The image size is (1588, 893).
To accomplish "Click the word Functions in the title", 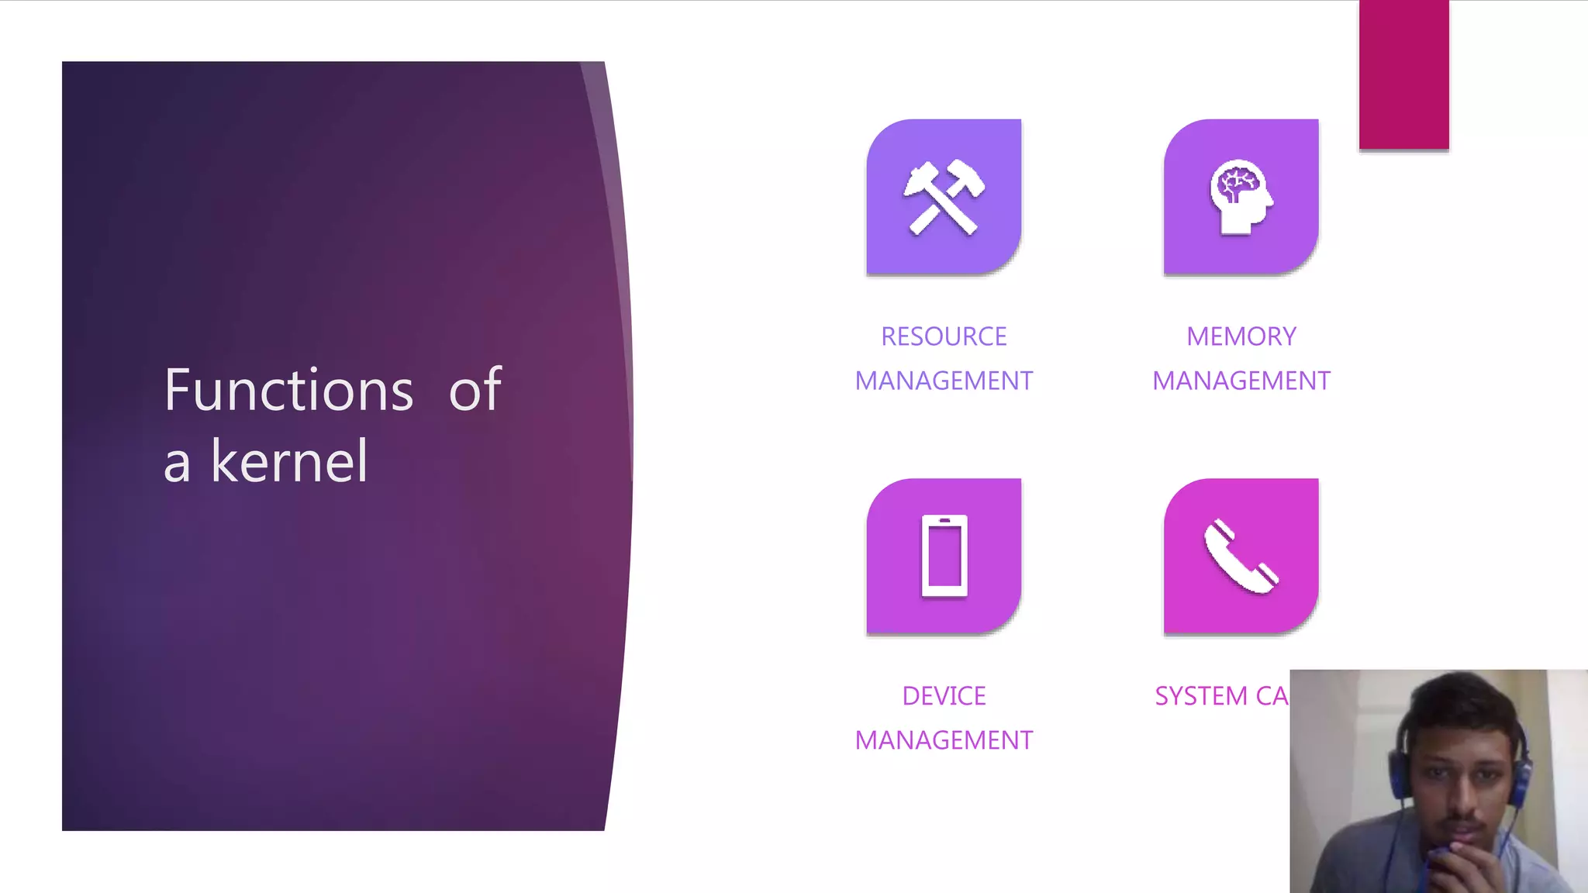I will (x=288, y=389).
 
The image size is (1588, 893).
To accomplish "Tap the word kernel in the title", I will (x=289, y=461).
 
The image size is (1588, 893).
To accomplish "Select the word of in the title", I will (x=475, y=389).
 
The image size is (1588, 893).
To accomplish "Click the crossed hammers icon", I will (x=944, y=197).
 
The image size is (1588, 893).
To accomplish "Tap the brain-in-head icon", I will (x=1241, y=197).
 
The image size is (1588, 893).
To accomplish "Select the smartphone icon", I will (x=944, y=556).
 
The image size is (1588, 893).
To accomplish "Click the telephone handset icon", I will (x=1241, y=556).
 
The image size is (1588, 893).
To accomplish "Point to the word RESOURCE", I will (x=944, y=336).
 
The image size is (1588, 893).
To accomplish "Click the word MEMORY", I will (x=1241, y=336).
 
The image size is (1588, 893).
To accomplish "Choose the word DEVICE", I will (x=944, y=696).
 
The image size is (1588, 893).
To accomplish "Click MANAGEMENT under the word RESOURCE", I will (x=944, y=381).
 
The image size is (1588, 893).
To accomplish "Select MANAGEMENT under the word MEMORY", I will (x=1241, y=381).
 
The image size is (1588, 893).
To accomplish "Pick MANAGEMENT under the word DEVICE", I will (x=944, y=740).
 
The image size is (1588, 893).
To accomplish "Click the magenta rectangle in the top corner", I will (x=1403, y=74).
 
